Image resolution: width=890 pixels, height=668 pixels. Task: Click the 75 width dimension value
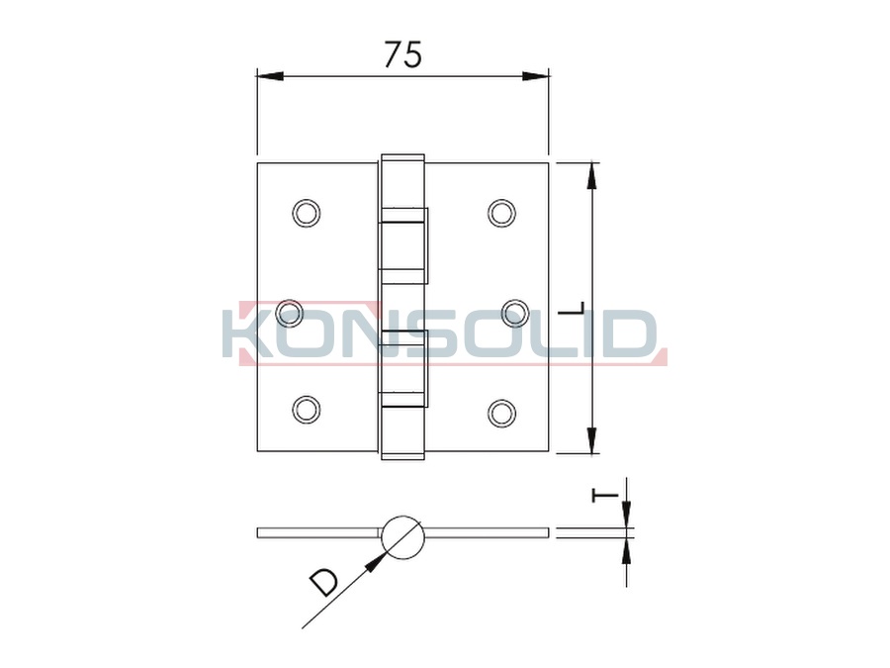coord(403,54)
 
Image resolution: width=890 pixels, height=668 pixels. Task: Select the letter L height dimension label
coord(572,309)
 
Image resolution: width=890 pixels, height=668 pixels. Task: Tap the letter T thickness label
coord(605,496)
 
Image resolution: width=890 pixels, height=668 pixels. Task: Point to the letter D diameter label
coord(323,583)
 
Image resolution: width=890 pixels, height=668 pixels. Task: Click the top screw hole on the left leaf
coord(306,214)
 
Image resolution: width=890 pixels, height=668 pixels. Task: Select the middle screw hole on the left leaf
coord(290,313)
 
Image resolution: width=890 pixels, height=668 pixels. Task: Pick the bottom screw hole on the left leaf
coord(306,410)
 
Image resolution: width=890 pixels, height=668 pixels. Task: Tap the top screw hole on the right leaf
coord(501,214)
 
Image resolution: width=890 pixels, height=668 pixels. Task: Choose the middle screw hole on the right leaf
coord(516,313)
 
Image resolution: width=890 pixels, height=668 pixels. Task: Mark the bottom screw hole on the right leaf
coord(501,413)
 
